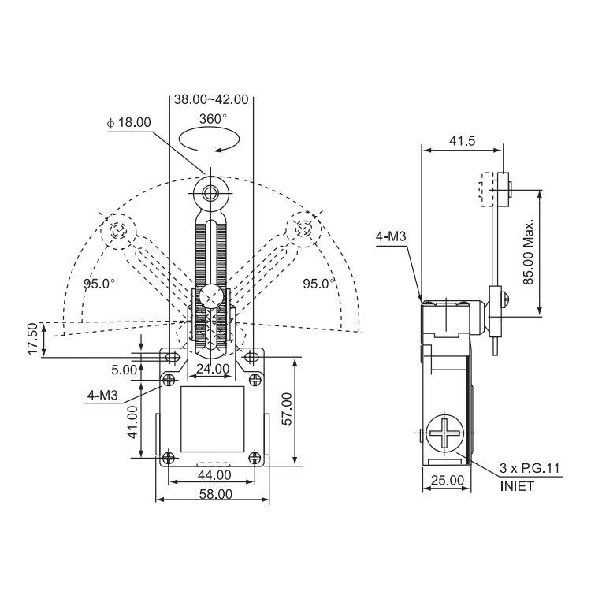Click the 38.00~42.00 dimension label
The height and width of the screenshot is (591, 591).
pyautogui.click(x=211, y=99)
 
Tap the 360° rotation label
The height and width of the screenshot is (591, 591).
pyautogui.click(x=213, y=119)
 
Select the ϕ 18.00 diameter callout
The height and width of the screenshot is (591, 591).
pyautogui.click(x=129, y=122)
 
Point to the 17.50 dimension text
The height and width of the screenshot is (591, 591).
pyautogui.click(x=33, y=339)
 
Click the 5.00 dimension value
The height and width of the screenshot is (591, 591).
pyautogui.click(x=124, y=370)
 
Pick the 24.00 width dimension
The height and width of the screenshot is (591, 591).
pyautogui.click(x=213, y=368)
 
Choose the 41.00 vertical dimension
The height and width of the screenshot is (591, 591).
pyautogui.click(x=132, y=422)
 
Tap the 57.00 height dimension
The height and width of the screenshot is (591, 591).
pyautogui.click(x=287, y=409)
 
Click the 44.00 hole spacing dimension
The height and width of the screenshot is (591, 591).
pyautogui.click(x=214, y=475)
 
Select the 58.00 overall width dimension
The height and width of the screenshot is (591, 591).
pyautogui.click(x=216, y=494)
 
